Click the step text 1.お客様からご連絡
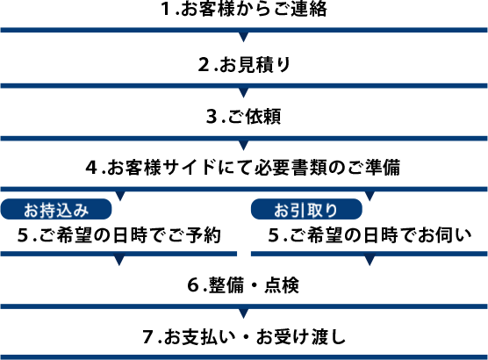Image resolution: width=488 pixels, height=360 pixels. click(244, 9)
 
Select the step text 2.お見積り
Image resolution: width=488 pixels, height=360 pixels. click(244, 65)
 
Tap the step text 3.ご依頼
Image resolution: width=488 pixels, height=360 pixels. click(244, 117)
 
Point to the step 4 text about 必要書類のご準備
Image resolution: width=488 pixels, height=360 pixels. click(243, 167)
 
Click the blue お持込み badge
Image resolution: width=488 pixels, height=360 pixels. click(56, 209)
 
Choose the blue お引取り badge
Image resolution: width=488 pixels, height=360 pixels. click(306, 209)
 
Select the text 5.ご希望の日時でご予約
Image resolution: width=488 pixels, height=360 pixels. click(119, 235)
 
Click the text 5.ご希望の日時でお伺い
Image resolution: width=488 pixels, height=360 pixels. click(370, 235)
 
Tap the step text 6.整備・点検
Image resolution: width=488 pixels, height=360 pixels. click(243, 285)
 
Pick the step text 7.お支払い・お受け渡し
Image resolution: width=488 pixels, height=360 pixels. click(244, 337)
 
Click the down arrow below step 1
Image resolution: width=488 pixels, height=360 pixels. click(244, 37)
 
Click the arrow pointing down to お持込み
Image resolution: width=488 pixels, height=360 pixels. click(120, 196)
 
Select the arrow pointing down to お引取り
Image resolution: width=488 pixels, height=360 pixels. click(370, 196)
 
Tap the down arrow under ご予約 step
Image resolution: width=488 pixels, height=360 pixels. click(119, 261)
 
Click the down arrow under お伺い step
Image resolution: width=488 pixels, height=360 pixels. click(370, 261)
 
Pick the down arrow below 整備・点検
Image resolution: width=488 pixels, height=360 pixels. click(244, 313)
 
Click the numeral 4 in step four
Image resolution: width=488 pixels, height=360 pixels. click(91, 168)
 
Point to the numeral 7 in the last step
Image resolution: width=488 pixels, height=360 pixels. click(148, 337)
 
